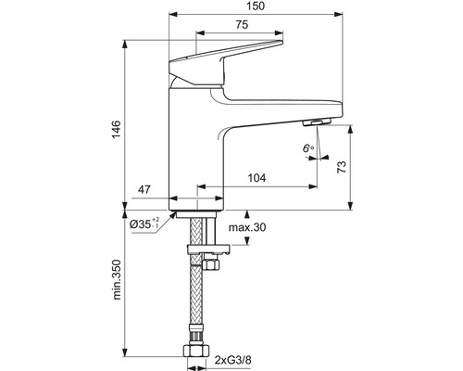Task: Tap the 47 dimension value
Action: (144, 189)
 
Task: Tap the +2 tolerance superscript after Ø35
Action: (157, 218)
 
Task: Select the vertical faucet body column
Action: (195, 148)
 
